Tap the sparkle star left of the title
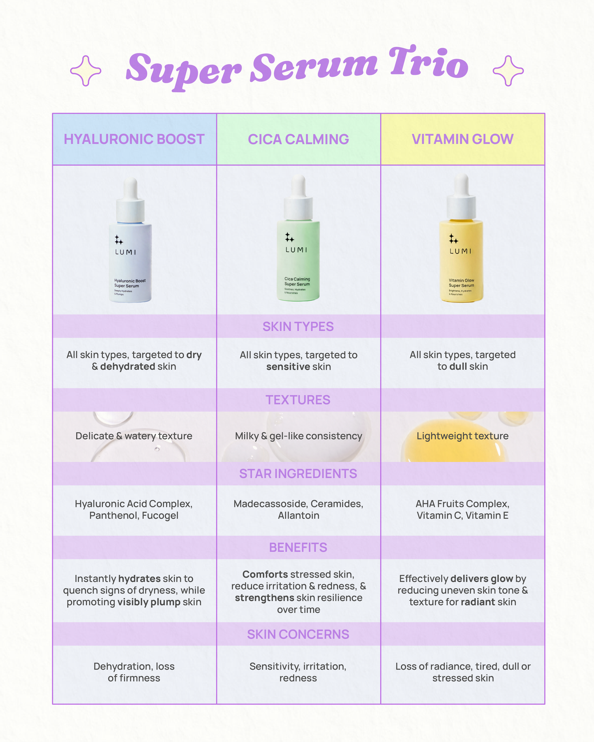point(86,71)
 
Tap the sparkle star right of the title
point(508,71)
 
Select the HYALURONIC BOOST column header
point(134,139)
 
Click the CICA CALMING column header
point(298,139)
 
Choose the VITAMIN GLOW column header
point(462,139)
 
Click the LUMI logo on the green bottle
point(296,249)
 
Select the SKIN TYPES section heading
point(298,327)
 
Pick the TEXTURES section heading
point(298,400)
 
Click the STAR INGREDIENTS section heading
point(298,474)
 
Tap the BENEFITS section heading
point(298,547)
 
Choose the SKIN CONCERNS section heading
point(298,634)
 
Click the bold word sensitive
point(288,366)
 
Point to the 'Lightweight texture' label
point(462,436)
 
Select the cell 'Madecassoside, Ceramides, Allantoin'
point(298,509)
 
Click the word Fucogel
point(160,515)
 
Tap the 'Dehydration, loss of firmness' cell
point(134,672)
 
